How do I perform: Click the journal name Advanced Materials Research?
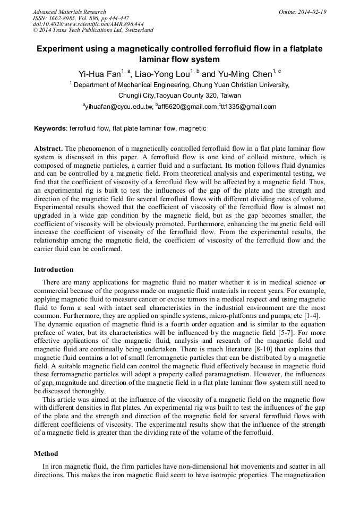[69, 12]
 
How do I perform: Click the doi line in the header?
[88, 24]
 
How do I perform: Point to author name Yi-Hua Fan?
[99, 74]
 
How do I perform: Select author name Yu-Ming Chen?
[244, 74]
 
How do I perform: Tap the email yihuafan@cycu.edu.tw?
[119, 107]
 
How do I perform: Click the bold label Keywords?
[50, 128]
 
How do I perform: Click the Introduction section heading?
[54, 270]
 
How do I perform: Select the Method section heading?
[46, 454]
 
